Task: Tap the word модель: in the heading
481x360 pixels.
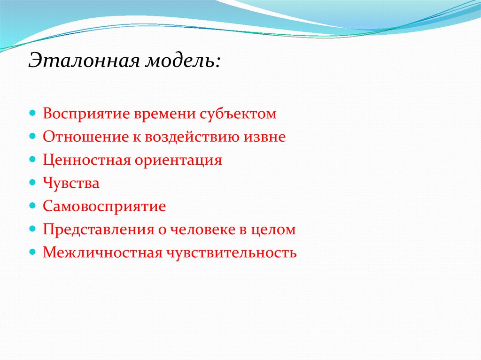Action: pyautogui.click(x=183, y=61)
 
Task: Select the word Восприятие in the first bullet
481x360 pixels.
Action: pyautogui.click(x=86, y=114)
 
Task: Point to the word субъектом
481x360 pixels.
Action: pyautogui.click(x=238, y=114)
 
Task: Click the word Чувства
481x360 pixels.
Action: pyautogui.click(x=71, y=184)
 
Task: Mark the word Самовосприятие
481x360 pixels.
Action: pyautogui.click(x=104, y=206)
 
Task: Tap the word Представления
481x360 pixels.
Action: pyautogui.click(x=99, y=230)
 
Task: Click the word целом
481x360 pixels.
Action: pyautogui.click(x=273, y=230)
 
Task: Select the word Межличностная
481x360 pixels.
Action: pyautogui.click(x=102, y=253)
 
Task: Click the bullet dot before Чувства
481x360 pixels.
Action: pyautogui.click(x=32, y=183)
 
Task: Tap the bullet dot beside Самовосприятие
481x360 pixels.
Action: pyautogui.click(x=32, y=206)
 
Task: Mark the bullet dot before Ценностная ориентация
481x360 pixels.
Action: pyautogui.click(x=32, y=159)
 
